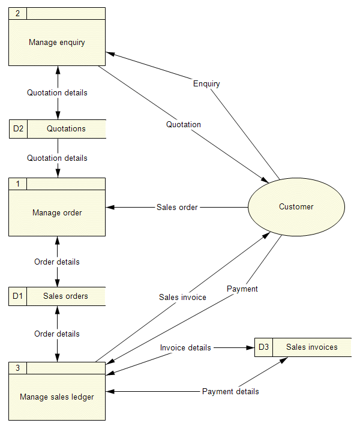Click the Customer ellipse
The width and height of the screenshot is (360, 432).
[296, 207]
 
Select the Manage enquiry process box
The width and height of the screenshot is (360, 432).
[57, 42]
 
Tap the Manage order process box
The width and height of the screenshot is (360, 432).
[57, 212]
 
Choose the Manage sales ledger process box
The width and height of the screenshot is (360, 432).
[57, 397]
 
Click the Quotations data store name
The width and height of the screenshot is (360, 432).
[66, 129]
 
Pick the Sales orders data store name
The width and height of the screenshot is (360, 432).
[65, 296]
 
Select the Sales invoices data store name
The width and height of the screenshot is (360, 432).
[311, 347]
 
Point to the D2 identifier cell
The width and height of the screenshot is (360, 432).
[18, 129]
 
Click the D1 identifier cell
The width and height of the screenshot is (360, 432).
[18, 296]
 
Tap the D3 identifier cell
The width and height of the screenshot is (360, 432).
[264, 347]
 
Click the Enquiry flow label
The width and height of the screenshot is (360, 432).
[206, 84]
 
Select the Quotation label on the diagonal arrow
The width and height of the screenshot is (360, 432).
[184, 125]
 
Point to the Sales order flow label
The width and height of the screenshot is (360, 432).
[177, 208]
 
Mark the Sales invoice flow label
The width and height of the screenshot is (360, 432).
[182, 298]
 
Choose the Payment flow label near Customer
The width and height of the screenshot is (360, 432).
[242, 289]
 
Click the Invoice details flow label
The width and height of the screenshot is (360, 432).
[185, 348]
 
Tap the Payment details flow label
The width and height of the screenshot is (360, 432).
[230, 392]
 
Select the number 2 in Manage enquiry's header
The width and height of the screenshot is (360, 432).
[17, 13]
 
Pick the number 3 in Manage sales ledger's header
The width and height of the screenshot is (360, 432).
[17, 368]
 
